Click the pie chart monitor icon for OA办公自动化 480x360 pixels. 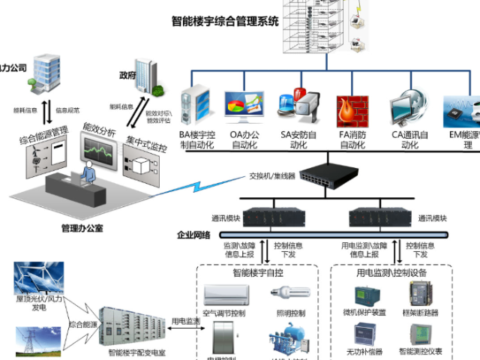point(244,109)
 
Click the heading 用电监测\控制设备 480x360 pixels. point(394,273)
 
